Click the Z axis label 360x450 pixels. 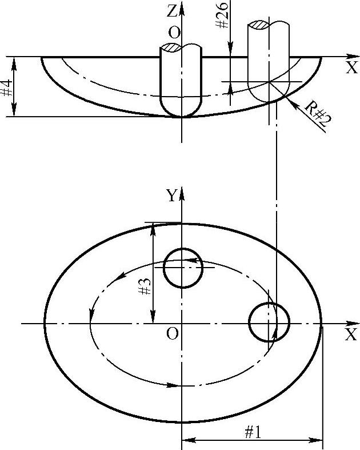click(172, 11)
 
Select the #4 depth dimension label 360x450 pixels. click(6, 88)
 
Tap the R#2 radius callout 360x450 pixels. click(318, 114)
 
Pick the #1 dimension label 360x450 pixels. click(253, 432)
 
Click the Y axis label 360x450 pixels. click(171, 196)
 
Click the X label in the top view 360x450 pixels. click(351, 67)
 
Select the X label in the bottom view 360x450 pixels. click(351, 334)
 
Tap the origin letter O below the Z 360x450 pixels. click(174, 33)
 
